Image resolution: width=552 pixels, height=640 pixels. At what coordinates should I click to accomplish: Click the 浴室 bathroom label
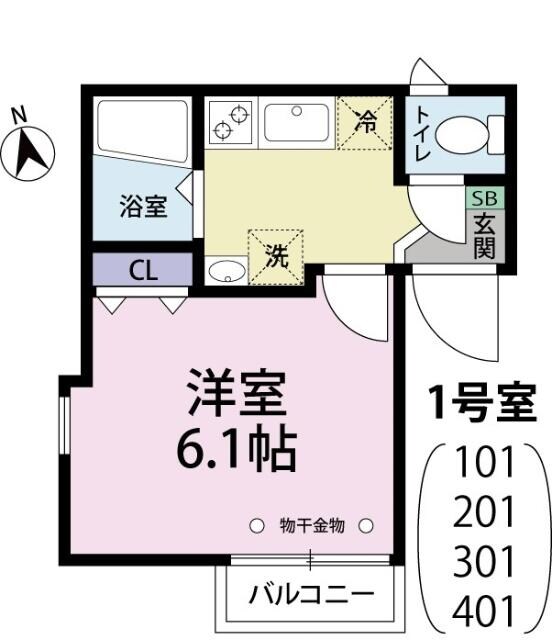tap(142, 207)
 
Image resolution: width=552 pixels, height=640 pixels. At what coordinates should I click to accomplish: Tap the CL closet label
tap(142, 270)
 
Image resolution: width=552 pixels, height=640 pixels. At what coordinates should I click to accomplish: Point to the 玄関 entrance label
tap(485, 236)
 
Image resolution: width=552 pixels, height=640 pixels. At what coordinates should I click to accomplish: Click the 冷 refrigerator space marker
tap(366, 122)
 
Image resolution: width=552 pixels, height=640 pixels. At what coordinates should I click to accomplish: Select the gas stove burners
tap(231, 121)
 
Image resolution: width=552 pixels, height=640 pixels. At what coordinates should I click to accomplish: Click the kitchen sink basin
tap(297, 120)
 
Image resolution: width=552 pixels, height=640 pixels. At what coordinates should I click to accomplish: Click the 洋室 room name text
tap(238, 395)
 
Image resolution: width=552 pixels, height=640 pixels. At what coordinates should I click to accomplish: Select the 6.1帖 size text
tap(236, 450)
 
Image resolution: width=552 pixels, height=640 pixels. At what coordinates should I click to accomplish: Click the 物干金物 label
tap(312, 524)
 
